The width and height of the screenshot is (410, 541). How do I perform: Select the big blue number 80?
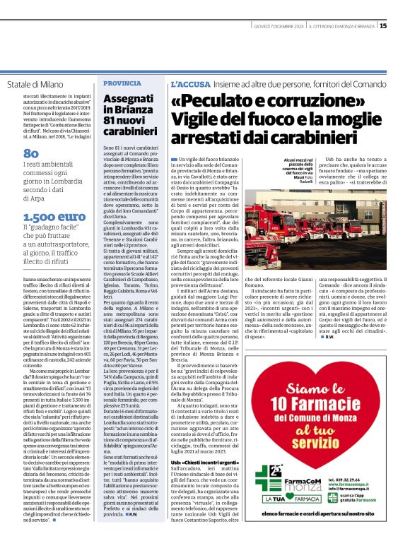click(x=31, y=153)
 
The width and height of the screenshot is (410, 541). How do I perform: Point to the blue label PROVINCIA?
click(x=122, y=83)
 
